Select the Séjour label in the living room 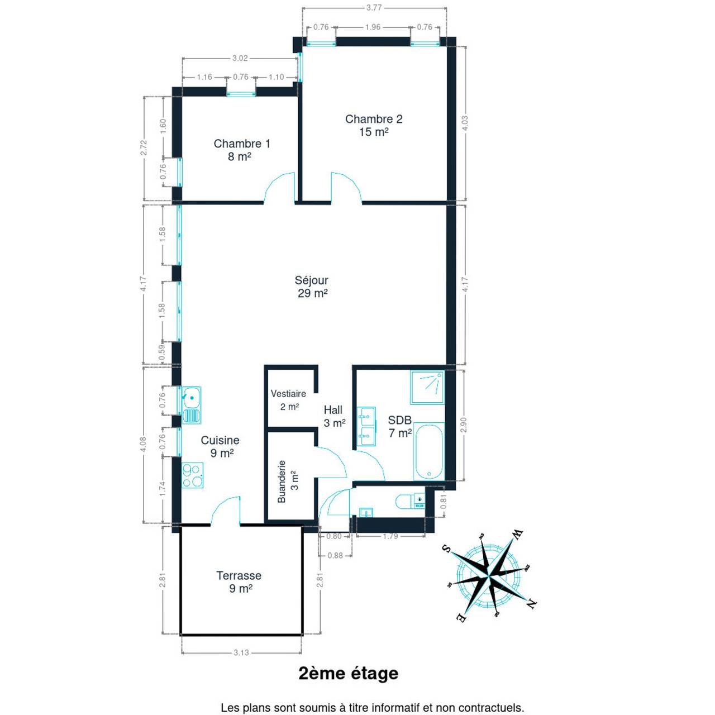coord(311,280)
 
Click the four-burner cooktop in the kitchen coord(192,475)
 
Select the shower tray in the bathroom coord(427,387)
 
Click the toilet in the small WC coord(410,502)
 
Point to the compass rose coord(489,576)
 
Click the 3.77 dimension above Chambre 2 coord(374,7)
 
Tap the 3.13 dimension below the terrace coord(241,652)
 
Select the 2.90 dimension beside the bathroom coord(463,425)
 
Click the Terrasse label coord(239,575)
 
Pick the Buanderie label coord(282,482)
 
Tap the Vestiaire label coord(288,394)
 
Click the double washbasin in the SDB coord(366,426)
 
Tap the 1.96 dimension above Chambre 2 coord(373,27)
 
